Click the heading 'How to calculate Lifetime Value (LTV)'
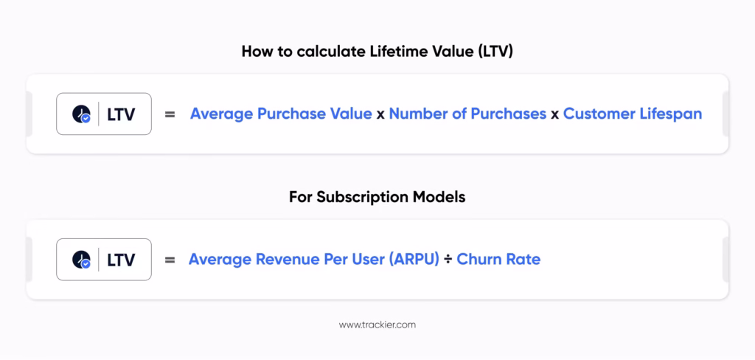[x=377, y=52]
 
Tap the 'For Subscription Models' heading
[x=377, y=197]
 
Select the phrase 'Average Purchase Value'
[x=281, y=114]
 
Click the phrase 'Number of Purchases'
[x=467, y=114]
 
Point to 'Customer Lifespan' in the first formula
[x=633, y=114]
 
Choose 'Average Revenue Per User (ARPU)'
[x=314, y=259]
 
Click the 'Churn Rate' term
[x=498, y=259]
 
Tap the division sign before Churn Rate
[x=448, y=260]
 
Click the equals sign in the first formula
[x=170, y=114]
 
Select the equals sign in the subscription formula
[x=170, y=260]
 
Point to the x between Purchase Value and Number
[x=380, y=115]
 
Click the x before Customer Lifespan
[x=554, y=115]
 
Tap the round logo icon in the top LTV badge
[x=81, y=114]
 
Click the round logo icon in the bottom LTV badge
[x=81, y=260]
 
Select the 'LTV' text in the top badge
[x=122, y=114]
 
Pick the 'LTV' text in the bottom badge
[x=122, y=260]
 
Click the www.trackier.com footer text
[x=377, y=325]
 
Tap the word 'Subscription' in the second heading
[x=363, y=198]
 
